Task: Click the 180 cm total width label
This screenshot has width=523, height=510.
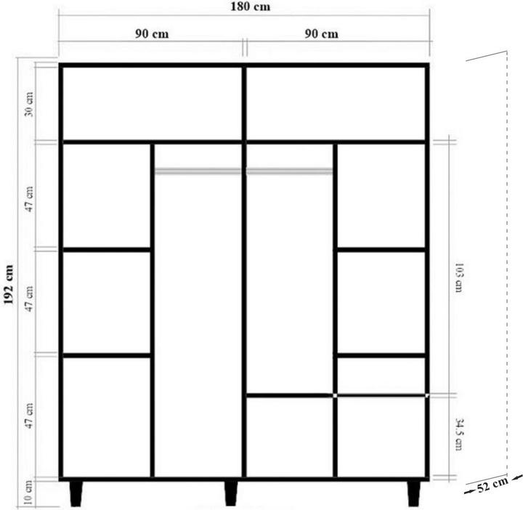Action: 243,7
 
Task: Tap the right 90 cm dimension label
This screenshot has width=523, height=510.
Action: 321,34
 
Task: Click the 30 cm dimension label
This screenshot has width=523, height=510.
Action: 29,105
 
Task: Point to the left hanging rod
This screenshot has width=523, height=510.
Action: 198,171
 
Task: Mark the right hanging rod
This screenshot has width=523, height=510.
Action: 290,171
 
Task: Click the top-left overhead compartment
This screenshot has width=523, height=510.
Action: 151,103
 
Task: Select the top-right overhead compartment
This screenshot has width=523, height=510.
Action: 336,103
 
